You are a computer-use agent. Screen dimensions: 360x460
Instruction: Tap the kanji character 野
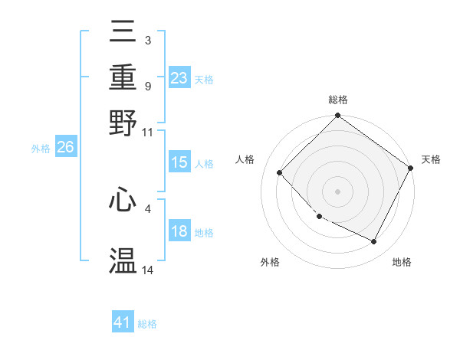pyautogui.click(x=123, y=122)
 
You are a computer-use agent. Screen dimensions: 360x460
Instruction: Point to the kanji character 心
pyautogui.click(x=123, y=200)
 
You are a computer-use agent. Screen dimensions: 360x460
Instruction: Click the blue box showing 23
pyautogui.click(x=179, y=77)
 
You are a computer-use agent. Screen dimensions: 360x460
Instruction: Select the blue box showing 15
pyautogui.click(x=179, y=162)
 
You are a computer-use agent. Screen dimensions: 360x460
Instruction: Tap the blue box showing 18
pyautogui.click(x=179, y=231)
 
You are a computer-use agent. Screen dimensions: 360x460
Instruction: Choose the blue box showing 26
pyautogui.click(x=65, y=148)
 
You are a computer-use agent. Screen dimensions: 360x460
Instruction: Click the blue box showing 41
pyautogui.click(x=123, y=322)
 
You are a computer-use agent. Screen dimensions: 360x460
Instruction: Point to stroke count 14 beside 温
pyautogui.click(x=148, y=270)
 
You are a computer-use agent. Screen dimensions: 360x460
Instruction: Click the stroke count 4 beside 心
pyautogui.click(x=148, y=208)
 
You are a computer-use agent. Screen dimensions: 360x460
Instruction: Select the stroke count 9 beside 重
pyautogui.click(x=148, y=87)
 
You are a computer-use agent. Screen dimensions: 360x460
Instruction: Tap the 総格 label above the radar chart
pyautogui.click(x=338, y=100)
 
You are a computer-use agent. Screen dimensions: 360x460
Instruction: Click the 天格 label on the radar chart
pyautogui.click(x=431, y=159)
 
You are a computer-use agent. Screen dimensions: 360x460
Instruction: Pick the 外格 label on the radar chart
pyautogui.click(x=270, y=262)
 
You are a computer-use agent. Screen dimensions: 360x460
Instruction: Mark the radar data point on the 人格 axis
pyautogui.click(x=280, y=173)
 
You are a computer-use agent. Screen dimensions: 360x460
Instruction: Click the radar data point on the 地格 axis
pyautogui.click(x=374, y=242)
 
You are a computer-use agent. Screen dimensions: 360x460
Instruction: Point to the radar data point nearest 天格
pyautogui.click(x=411, y=168)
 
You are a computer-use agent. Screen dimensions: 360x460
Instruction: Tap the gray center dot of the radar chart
pyautogui.click(x=338, y=191)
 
